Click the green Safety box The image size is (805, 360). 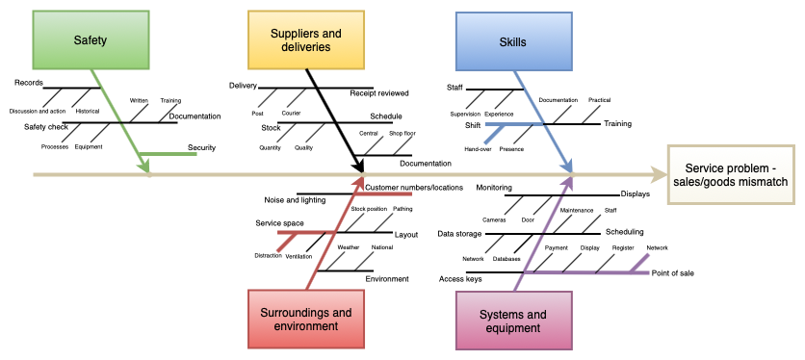(91, 40)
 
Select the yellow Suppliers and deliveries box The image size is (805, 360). (306, 40)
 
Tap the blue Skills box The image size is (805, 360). (513, 41)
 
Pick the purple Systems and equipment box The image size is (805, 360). (513, 321)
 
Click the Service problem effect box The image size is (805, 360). (730, 174)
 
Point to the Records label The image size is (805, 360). (29, 83)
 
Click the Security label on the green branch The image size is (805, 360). (201, 148)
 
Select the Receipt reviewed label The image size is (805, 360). (379, 93)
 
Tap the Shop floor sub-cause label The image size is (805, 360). (402, 133)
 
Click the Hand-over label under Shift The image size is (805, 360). (478, 149)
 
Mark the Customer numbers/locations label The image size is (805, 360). (414, 187)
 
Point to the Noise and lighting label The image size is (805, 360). (295, 200)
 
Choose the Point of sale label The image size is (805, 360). (672, 272)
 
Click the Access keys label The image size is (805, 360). (459, 279)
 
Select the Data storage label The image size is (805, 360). (459, 233)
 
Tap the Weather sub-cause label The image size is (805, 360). (348, 247)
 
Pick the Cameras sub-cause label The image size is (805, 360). (494, 219)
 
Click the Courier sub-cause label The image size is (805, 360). (291, 113)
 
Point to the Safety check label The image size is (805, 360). (46, 126)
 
